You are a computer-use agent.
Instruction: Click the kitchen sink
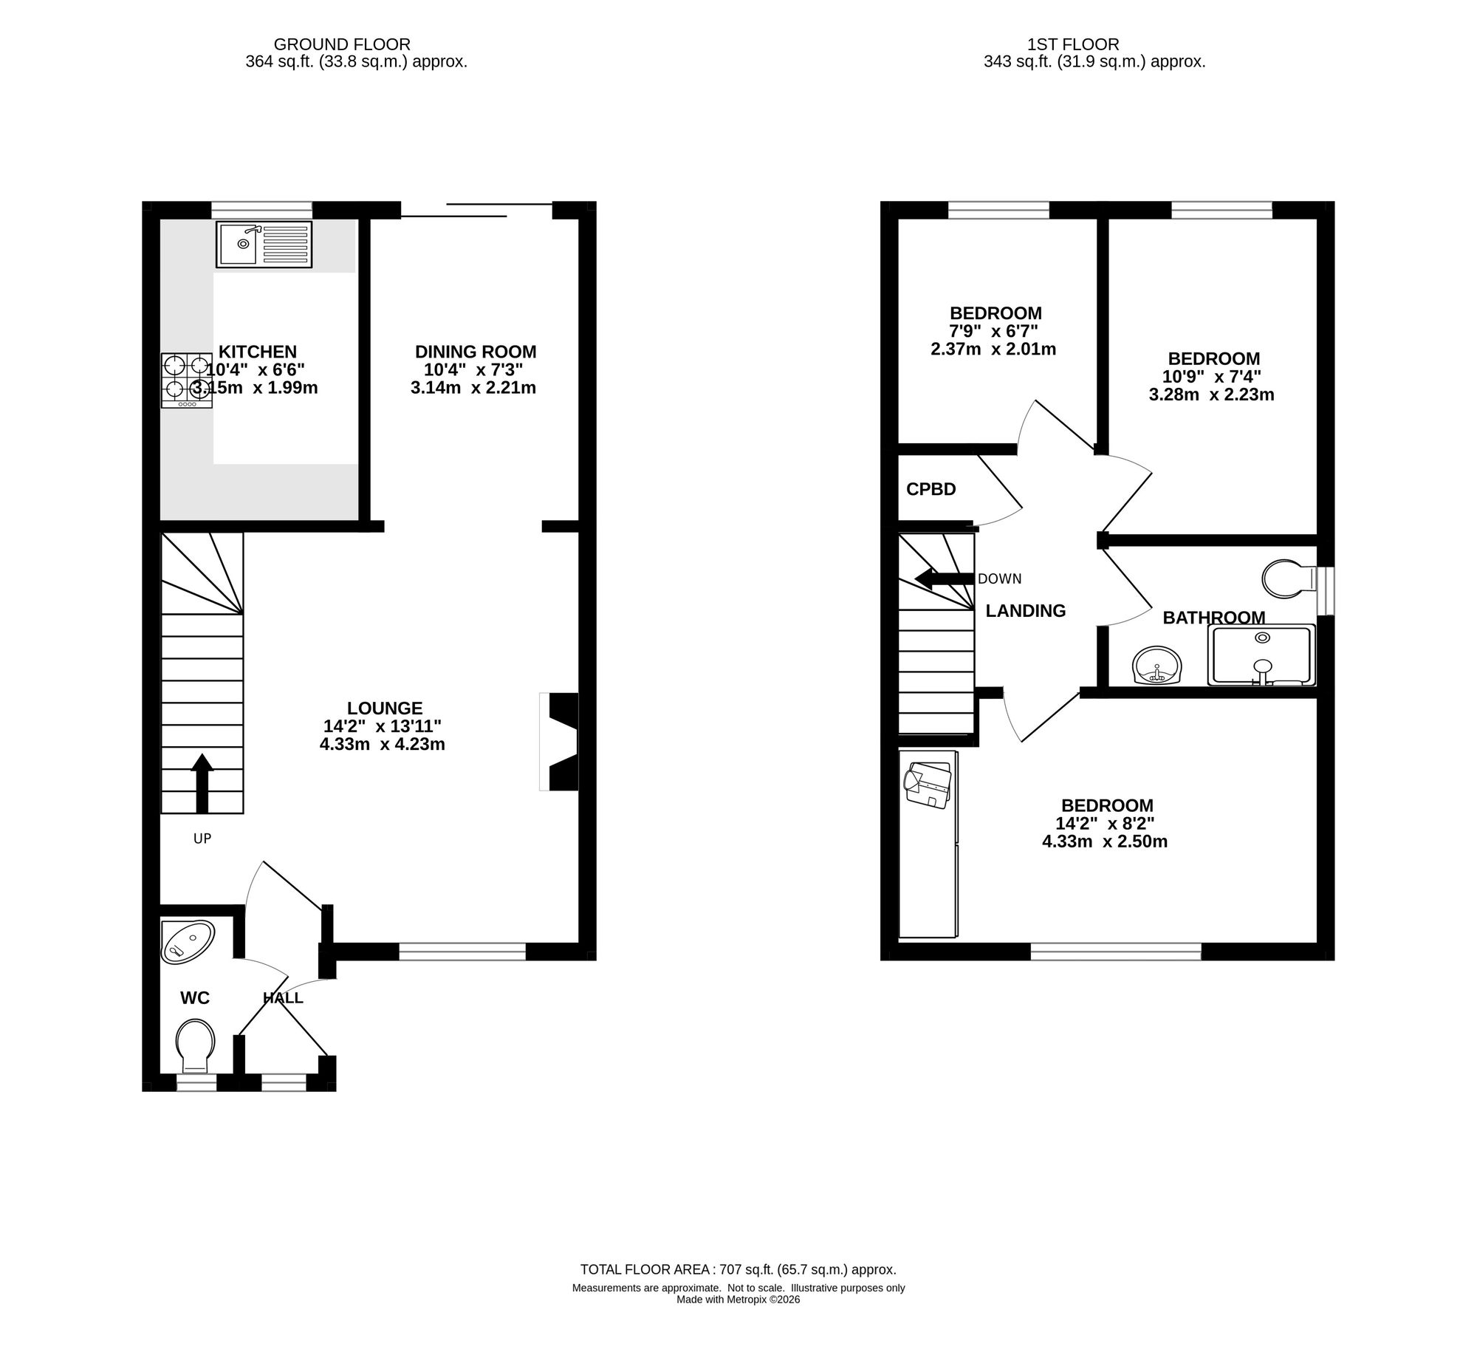[x=264, y=244]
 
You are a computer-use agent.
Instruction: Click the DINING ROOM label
[x=476, y=352]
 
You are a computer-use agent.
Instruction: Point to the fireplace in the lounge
[x=559, y=742]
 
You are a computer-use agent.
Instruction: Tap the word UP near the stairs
[x=202, y=839]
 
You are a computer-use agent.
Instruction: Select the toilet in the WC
[x=196, y=1046]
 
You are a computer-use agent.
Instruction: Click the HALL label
[x=283, y=998]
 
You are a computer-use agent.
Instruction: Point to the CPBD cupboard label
[x=931, y=489]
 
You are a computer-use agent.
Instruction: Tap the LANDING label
[x=1026, y=611]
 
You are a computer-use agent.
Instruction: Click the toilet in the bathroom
[x=1289, y=578]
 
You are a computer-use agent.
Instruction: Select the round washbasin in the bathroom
[x=1157, y=665]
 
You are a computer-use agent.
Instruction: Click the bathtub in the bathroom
[x=1261, y=655]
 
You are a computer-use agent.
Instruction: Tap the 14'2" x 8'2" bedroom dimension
[x=1106, y=823]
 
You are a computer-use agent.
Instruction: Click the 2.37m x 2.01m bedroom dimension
[x=993, y=349]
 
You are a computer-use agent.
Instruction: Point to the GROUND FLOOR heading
[x=342, y=45]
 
